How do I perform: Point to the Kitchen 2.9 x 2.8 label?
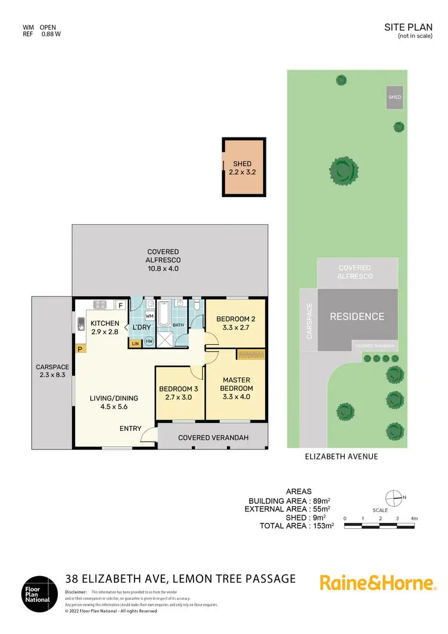pyautogui.click(x=106, y=327)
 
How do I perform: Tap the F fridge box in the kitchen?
pyautogui.click(x=120, y=305)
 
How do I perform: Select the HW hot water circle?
pyautogui.click(x=148, y=342)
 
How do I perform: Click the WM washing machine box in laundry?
pyautogui.click(x=150, y=315)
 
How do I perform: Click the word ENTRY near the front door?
pyautogui.click(x=131, y=428)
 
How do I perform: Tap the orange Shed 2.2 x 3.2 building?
pyautogui.click(x=243, y=167)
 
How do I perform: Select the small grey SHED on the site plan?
pyautogui.click(x=395, y=97)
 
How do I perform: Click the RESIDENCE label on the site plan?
pyautogui.click(x=357, y=317)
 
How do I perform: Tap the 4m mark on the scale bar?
pyautogui.click(x=414, y=518)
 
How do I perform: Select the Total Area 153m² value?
pyautogui.click(x=323, y=526)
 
